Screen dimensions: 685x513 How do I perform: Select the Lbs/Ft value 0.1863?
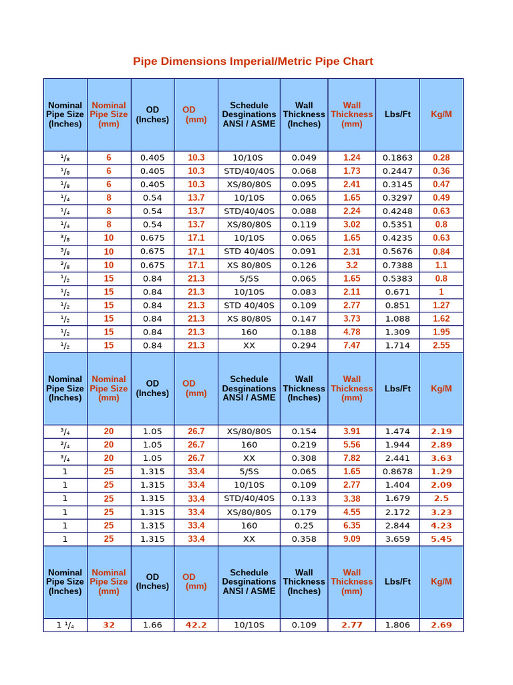(x=397, y=158)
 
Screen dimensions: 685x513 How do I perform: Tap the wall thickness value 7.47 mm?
(x=351, y=346)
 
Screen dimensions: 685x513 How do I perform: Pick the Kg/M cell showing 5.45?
(x=441, y=539)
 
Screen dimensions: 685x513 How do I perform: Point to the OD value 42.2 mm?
(x=196, y=625)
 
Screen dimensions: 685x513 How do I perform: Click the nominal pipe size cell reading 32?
(x=109, y=625)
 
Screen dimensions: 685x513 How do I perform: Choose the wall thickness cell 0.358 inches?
(x=304, y=539)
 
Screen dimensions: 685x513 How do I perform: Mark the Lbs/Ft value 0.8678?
(x=397, y=472)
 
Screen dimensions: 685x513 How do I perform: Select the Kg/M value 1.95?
(x=441, y=332)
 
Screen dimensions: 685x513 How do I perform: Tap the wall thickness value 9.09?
(x=351, y=539)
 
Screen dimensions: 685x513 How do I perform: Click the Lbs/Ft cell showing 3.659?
(x=397, y=539)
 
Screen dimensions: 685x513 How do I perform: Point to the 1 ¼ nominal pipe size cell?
(x=65, y=625)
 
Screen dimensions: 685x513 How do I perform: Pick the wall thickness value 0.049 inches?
(x=304, y=158)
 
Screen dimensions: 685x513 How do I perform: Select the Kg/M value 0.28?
(x=441, y=158)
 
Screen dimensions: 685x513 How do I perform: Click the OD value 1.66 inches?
(x=152, y=625)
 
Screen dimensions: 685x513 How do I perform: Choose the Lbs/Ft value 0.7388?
(x=397, y=265)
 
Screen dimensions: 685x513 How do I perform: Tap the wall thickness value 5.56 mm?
(x=351, y=445)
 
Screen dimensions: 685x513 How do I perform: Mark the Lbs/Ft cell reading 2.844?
(x=397, y=526)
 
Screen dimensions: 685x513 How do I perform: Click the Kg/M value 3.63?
(x=441, y=458)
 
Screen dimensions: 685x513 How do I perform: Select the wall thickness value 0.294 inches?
(x=304, y=346)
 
